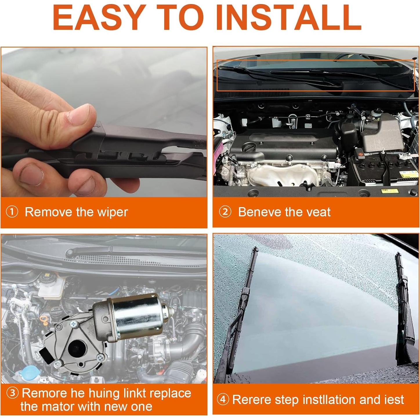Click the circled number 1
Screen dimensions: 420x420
pyautogui.click(x=12, y=212)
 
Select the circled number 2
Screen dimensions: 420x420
pyautogui.click(x=225, y=212)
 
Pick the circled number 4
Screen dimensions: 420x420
pyautogui.click(x=223, y=400)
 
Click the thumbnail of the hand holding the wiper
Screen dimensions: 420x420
pyautogui.click(x=104, y=122)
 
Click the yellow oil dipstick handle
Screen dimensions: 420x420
pyautogui.click(x=44, y=320)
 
